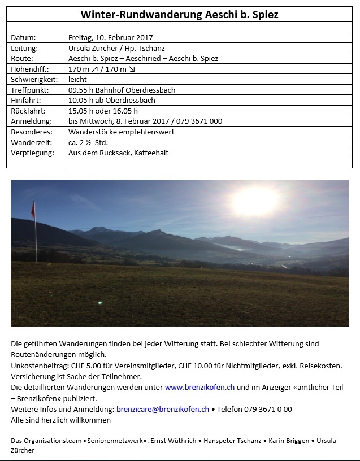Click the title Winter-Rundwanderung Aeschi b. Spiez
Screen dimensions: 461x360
click(x=180, y=14)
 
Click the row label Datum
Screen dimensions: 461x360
click(x=23, y=37)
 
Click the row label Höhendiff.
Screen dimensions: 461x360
click(x=29, y=69)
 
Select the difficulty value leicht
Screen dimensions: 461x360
click(x=77, y=80)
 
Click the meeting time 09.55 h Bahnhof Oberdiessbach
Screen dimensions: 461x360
click(x=122, y=90)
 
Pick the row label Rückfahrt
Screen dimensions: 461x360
click(x=28, y=111)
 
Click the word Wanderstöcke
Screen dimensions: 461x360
click(x=93, y=132)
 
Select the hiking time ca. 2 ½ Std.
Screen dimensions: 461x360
click(x=88, y=142)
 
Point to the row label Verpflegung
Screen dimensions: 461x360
click(x=32, y=153)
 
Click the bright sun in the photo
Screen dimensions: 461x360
click(x=255, y=201)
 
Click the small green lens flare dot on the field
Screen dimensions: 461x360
click(x=101, y=303)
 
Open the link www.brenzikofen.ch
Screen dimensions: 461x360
click(x=199, y=388)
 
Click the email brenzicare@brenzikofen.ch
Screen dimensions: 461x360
click(x=163, y=409)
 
